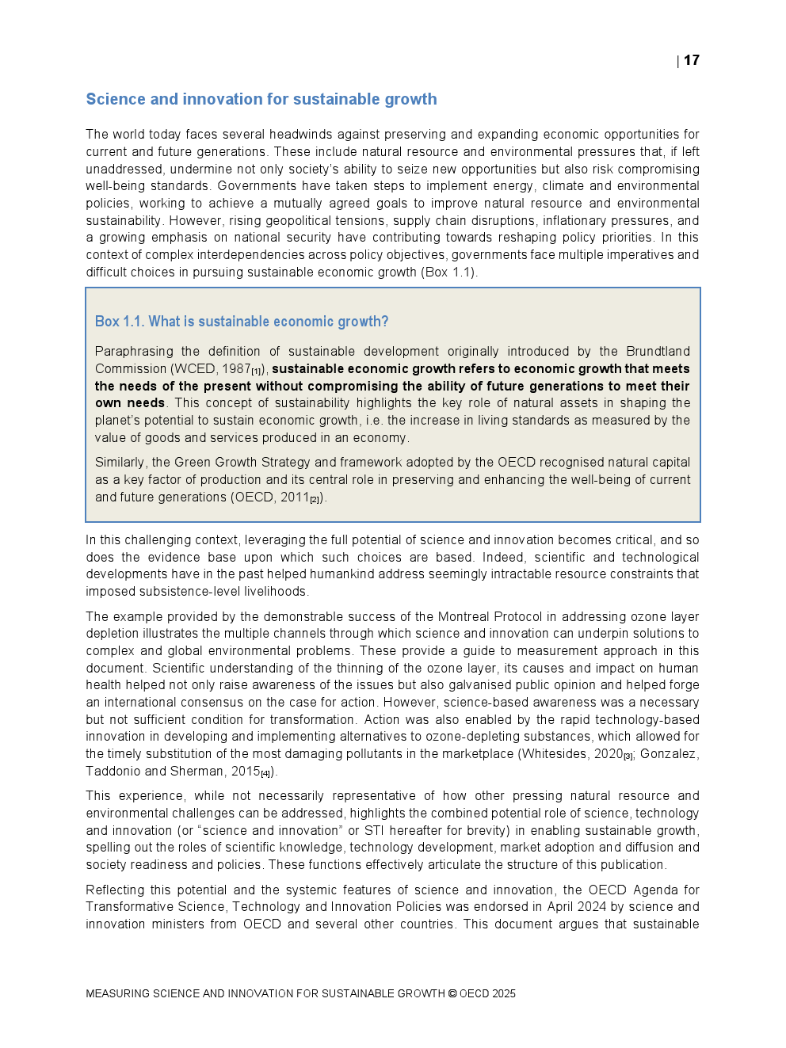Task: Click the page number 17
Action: [x=692, y=60]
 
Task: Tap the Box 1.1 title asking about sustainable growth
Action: [x=242, y=322]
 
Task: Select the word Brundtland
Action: [x=658, y=352]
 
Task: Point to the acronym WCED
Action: [x=194, y=369]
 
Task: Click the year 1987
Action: [x=236, y=369]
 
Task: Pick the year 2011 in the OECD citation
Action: [x=295, y=497]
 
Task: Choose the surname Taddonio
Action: [x=113, y=772]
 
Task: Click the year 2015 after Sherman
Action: [x=246, y=772]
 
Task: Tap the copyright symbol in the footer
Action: [x=452, y=993]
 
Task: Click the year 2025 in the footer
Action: [x=503, y=993]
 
